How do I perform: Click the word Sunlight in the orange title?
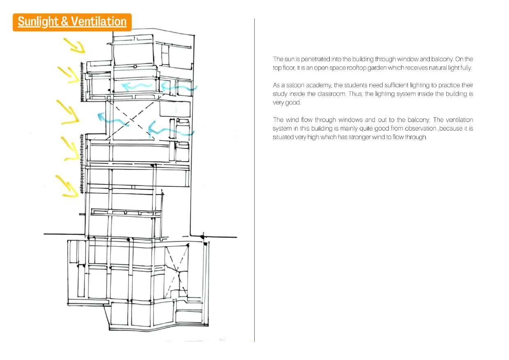click(x=38, y=22)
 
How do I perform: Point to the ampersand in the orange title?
click(x=64, y=22)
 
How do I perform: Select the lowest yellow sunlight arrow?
click(x=67, y=186)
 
